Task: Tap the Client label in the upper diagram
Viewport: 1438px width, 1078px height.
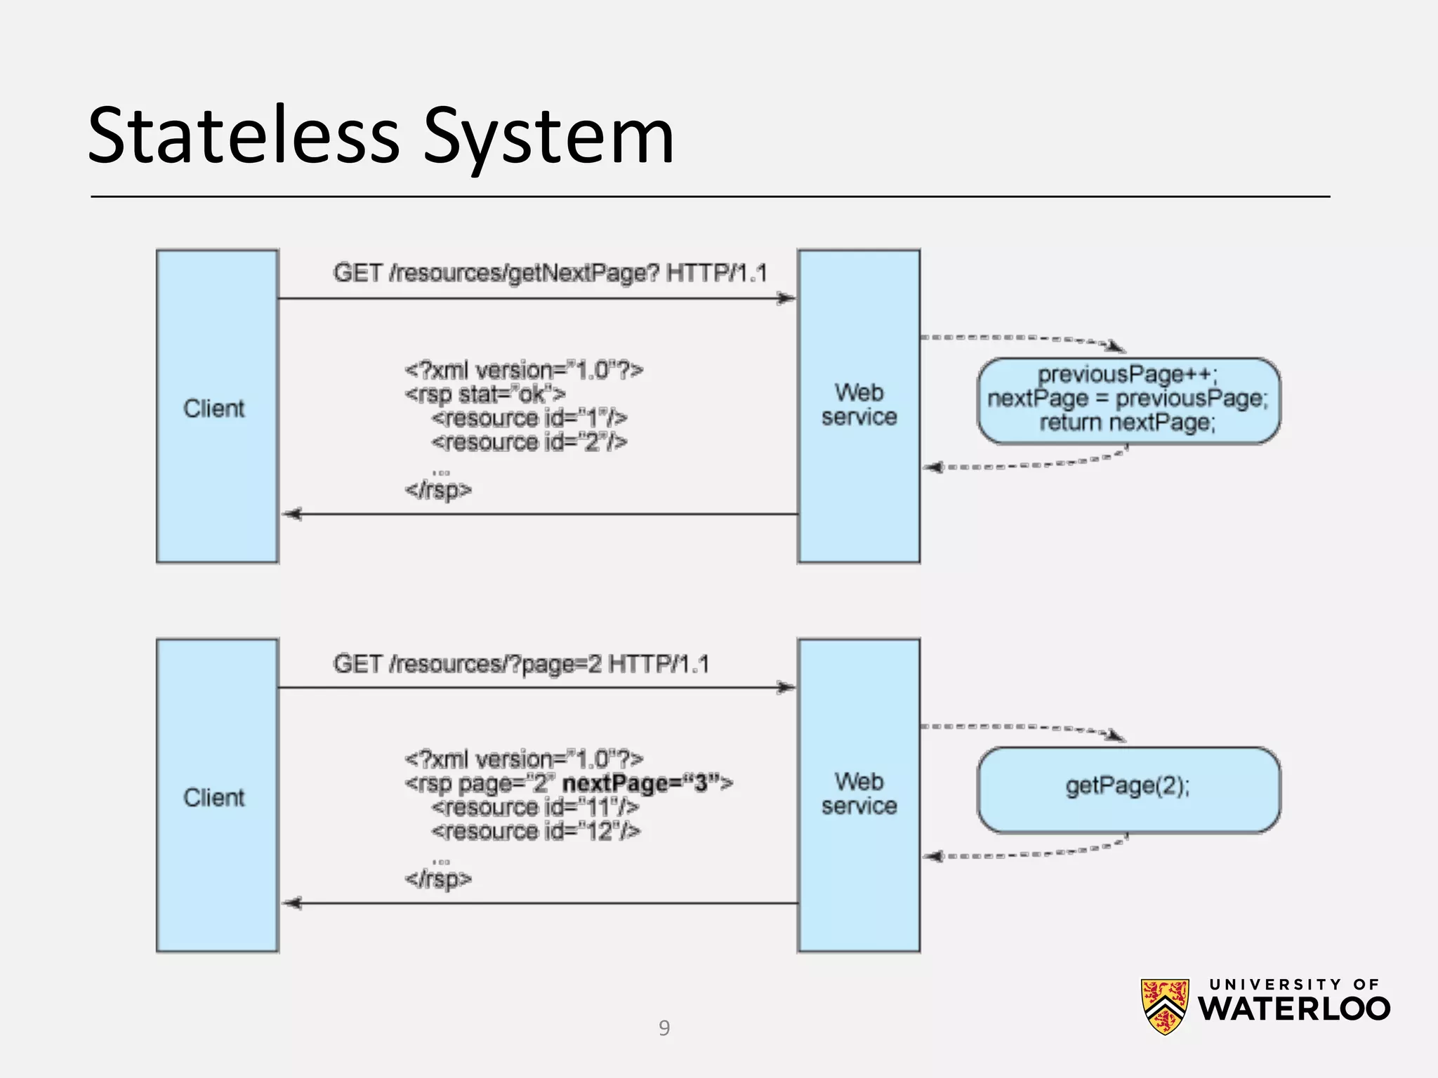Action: click(x=213, y=408)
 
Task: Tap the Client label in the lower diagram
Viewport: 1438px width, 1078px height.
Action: click(x=213, y=798)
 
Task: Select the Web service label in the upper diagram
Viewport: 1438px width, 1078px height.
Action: click(x=859, y=405)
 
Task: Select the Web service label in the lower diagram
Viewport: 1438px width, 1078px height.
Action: click(x=859, y=794)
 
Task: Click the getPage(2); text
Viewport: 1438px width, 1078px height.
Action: click(x=1128, y=785)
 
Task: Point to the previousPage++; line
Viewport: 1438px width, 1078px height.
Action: click(x=1128, y=374)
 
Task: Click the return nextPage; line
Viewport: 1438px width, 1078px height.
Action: click(x=1128, y=422)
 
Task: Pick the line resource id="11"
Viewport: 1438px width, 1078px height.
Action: click(x=535, y=808)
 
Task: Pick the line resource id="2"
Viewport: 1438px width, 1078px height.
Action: click(x=529, y=442)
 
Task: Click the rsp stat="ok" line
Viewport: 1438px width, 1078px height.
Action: click(x=484, y=394)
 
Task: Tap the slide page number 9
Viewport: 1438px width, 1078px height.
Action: click(x=664, y=1028)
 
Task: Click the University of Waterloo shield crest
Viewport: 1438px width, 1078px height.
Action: click(x=1164, y=1006)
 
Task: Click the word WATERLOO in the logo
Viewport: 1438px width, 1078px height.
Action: click(x=1293, y=1009)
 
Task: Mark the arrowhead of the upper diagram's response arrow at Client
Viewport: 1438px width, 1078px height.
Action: click(x=291, y=514)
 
